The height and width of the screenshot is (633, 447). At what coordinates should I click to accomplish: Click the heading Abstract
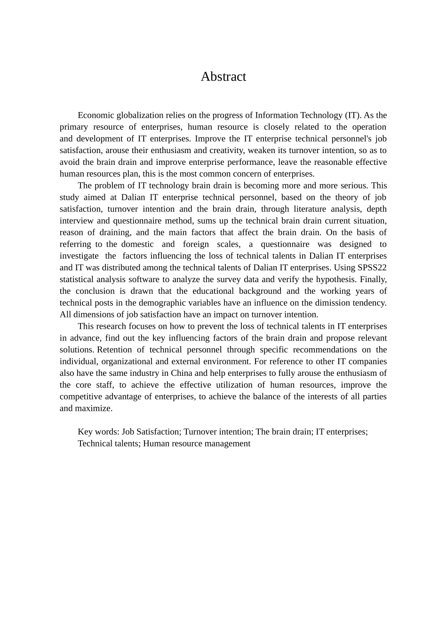coord(223,77)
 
